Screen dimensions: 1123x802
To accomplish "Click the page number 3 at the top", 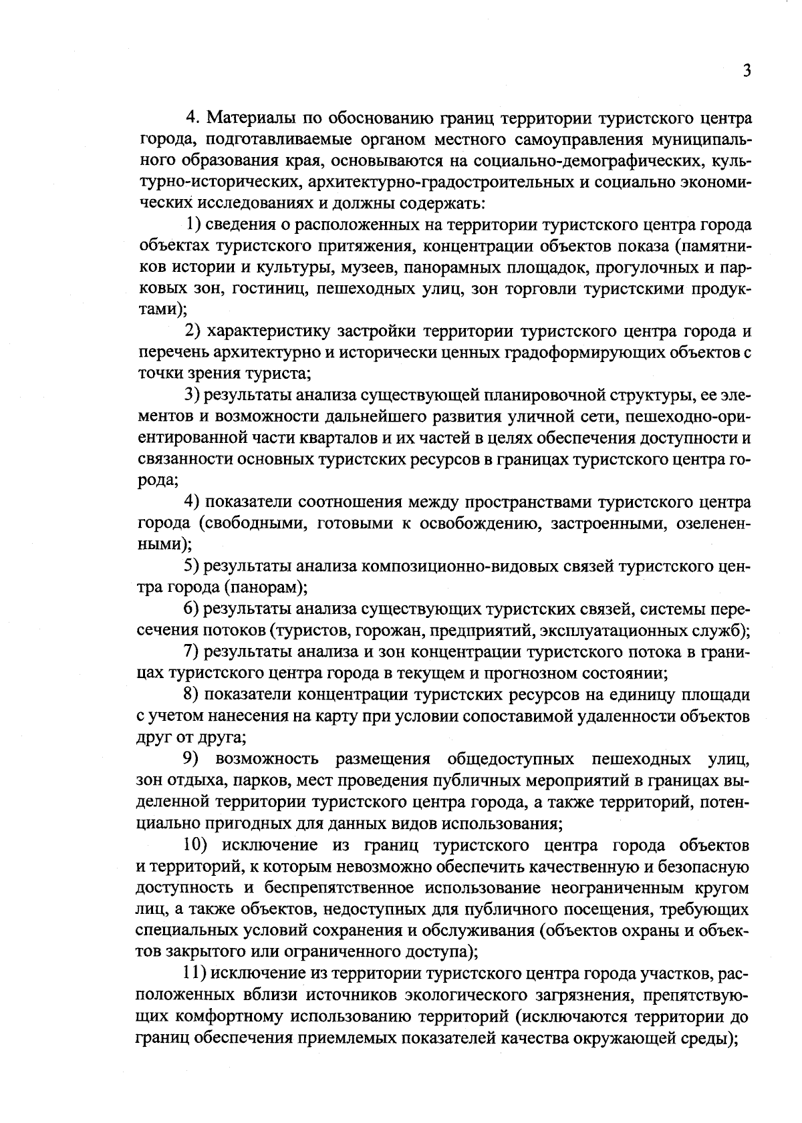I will [747, 71].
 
